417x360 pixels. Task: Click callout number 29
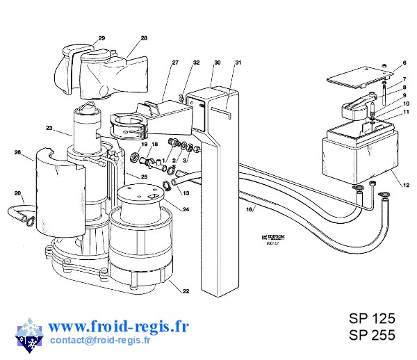pos(101,38)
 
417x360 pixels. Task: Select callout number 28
pos(144,38)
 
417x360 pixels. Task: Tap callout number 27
pos(175,63)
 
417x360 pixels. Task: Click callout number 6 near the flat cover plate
pos(404,64)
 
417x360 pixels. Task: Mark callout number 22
pos(186,291)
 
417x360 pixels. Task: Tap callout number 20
pos(18,193)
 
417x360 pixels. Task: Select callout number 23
pos(49,128)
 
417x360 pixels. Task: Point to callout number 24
pos(186,209)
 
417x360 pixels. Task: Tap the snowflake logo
pos(28,333)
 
